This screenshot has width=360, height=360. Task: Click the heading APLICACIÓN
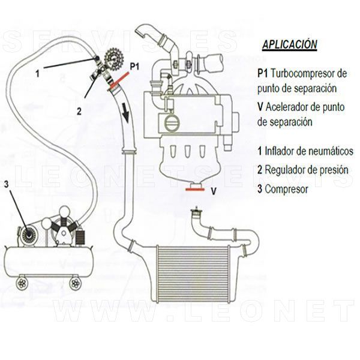290,45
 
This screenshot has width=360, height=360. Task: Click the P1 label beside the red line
134,67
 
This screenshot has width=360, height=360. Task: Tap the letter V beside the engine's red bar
214,191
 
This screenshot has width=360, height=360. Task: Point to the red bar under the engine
195,190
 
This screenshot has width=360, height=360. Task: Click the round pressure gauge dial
113,58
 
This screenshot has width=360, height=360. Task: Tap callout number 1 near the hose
37,74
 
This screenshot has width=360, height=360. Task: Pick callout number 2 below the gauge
79,112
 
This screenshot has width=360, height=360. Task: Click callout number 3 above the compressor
6,184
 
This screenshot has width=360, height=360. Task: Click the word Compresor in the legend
286,190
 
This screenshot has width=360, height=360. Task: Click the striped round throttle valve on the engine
172,122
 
